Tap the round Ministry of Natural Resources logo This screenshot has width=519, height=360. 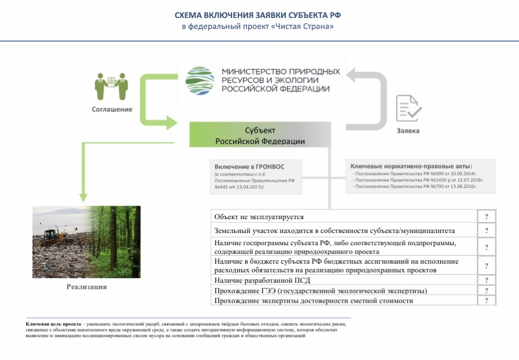pyautogui.click(x=199, y=81)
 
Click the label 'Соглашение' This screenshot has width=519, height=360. pyautogui.click(x=111, y=109)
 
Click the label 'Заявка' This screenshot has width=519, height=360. pyautogui.click(x=408, y=130)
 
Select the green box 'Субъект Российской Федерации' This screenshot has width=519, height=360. pyautogui.click(x=260, y=136)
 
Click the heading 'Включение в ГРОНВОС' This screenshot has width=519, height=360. pyautogui.click(x=249, y=166)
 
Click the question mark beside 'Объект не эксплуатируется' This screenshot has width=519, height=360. pyautogui.click(x=487, y=217)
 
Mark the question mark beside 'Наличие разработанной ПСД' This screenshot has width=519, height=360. pyautogui.click(x=487, y=281)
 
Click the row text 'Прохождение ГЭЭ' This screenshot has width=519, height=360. pyautogui.click(x=320, y=290)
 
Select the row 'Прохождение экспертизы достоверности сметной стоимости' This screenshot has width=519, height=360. pyautogui.click(x=314, y=301)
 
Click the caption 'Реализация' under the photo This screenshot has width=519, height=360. pyautogui.click(x=86, y=286)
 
